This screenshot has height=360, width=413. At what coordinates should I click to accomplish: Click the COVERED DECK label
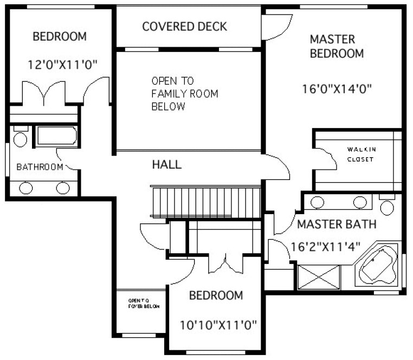[184, 27]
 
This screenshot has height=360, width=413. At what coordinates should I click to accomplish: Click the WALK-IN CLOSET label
[362, 155]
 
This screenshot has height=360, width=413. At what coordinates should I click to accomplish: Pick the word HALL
[166, 164]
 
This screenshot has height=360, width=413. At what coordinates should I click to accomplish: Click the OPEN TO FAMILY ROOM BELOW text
[184, 94]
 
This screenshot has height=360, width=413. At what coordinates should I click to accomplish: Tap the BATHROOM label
[39, 166]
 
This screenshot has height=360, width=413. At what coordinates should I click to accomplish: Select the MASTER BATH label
[336, 224]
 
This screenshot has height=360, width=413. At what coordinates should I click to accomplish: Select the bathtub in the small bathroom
[56, 136]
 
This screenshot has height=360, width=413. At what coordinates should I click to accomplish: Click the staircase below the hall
[206, 202]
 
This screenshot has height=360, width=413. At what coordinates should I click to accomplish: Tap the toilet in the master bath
[386, 205]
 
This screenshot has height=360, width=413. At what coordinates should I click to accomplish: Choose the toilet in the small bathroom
[20, 138]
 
